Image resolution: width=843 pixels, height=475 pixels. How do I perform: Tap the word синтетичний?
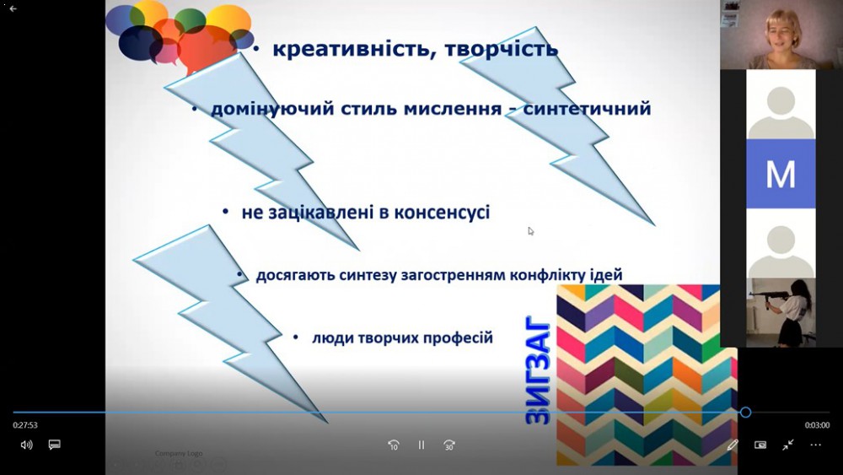coord(587,109)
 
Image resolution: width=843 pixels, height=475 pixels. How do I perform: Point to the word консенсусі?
coord(442,213)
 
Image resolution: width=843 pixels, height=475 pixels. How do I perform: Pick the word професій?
coord(458,338)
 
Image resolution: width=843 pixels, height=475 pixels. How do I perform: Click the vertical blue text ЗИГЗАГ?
coord(538,370)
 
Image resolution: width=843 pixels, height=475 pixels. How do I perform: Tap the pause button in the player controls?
coord(421,445)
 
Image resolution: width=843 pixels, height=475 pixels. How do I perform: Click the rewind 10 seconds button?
coord(394,445)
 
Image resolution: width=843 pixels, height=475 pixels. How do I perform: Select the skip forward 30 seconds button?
coord(449,445)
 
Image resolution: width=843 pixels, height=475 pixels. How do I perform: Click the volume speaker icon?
coord(26,445)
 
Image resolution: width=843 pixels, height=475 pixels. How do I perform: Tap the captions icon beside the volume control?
coord(54,445)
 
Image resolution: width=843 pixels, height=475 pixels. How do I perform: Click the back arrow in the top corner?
coord(13,8)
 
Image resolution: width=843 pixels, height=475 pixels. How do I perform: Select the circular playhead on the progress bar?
coord(745,412)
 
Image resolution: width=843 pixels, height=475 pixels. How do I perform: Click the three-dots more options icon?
coord(815,445)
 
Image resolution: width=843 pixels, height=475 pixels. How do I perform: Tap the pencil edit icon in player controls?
coord(733,445)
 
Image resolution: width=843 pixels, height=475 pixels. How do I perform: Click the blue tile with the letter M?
coord(781,174)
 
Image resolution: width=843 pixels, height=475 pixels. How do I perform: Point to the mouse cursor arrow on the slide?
coord(530,231)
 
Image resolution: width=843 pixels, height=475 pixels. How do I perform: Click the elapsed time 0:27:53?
coord(25,425)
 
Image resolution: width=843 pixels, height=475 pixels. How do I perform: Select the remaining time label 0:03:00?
coord(817,425)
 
